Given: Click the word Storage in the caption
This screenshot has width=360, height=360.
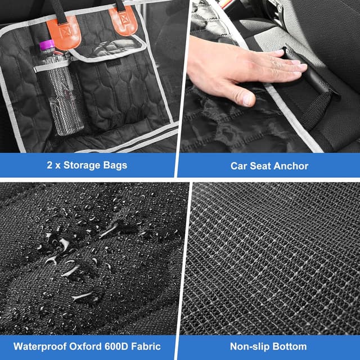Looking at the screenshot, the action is pos(82,165).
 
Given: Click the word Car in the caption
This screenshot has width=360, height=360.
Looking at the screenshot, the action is pos(238,166).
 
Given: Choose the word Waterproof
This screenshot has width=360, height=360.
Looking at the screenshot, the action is pos(40,346).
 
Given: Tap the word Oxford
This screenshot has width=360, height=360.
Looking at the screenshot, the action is pos(85,346).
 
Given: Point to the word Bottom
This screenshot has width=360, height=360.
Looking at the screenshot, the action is pos(287,346).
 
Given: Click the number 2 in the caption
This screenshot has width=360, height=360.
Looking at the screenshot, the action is pos(49,165).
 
